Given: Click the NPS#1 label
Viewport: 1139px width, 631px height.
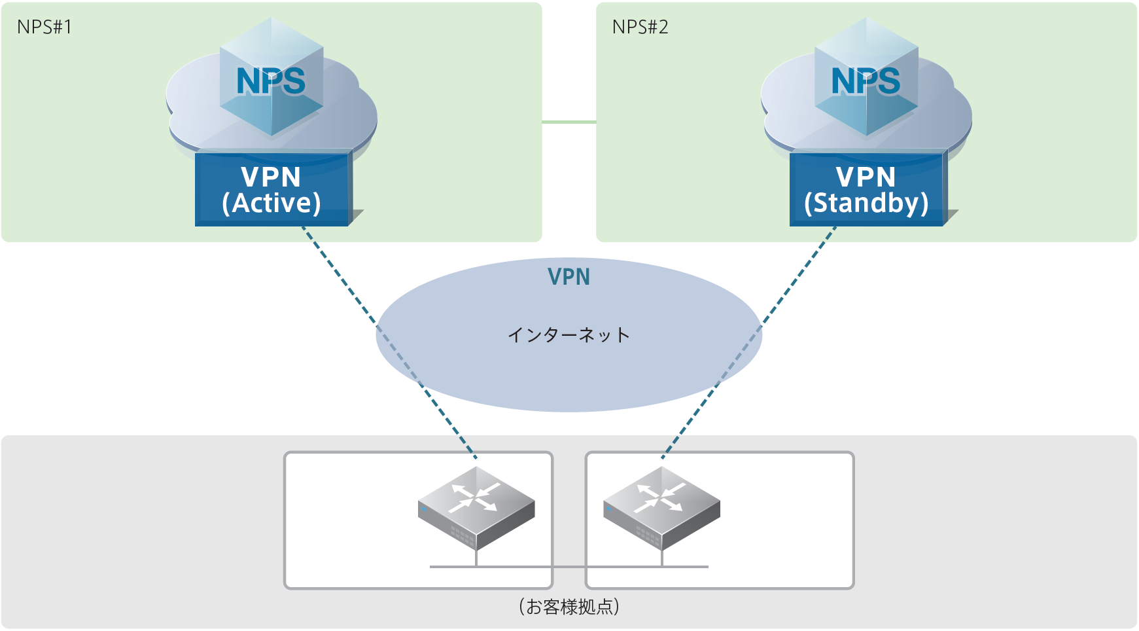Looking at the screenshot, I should click(x=44, y=27).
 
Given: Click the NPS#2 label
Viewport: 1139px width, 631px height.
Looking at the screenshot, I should click(x=640, y=27).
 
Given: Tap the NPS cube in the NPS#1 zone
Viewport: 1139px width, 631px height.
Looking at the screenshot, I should click(x=272, y=79).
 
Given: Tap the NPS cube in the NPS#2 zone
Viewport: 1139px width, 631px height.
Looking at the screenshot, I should click(x=866, y=79).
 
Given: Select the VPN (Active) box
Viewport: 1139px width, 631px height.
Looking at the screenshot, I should click(x=272, y=190).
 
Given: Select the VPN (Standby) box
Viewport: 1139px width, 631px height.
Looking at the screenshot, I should click(x=866, y=190).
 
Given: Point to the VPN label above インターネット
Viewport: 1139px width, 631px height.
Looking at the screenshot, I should click(x=569, y=277).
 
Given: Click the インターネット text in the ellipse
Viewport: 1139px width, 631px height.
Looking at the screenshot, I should click(x=569, y=335).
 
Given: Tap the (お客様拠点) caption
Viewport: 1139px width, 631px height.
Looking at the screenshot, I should click(x=569, y=607).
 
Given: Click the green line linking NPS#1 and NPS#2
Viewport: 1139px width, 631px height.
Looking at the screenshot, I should click(x=569, y=122).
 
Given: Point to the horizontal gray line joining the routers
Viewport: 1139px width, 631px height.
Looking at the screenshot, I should click(x=569, y=566).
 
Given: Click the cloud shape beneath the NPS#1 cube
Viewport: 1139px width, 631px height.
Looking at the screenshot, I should click(x=190, y=111).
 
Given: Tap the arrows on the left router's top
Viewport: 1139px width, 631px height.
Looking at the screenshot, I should click(x=476, y=497).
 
